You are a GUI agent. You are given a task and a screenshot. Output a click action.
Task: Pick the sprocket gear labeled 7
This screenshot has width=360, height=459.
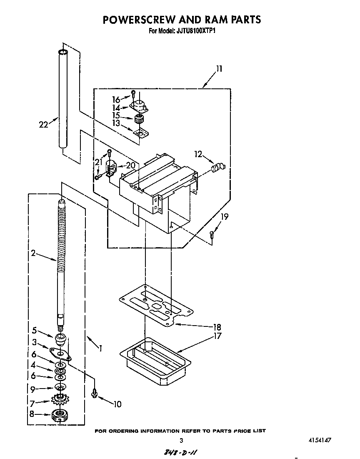pyautogui.click(x=61, y=401)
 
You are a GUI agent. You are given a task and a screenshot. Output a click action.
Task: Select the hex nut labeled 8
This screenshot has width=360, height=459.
pyautogui.click(x=60, y=415)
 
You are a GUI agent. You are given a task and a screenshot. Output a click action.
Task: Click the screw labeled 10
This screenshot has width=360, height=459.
pyautogui.click(x=95, y=393)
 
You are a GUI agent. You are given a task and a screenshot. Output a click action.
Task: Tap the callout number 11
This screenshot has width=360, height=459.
pyautogui.click(x=219, y=69)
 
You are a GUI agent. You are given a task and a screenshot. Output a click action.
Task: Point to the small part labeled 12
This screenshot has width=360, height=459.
pyautogui.click(x=217, y=168)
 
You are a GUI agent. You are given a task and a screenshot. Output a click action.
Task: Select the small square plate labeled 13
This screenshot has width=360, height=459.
pyautogui.click(x=141, y=133)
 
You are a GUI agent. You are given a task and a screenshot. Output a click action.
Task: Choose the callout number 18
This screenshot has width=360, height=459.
pyautogui.click(x=216, y=327)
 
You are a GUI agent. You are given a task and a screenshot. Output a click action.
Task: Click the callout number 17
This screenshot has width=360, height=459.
pyautogui.click(x=216, y=336)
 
